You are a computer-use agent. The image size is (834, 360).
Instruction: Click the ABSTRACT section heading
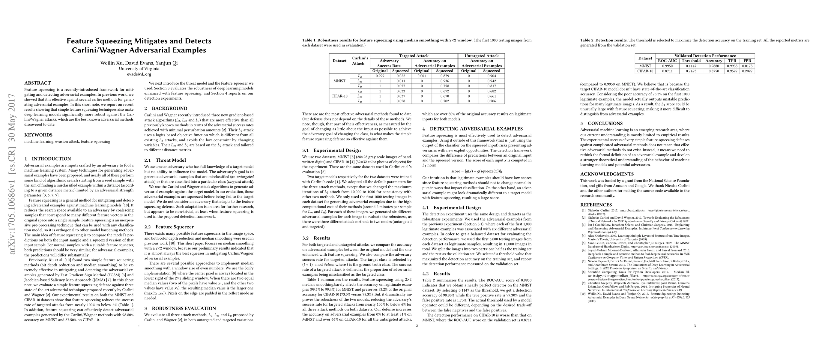(x=37, y=83)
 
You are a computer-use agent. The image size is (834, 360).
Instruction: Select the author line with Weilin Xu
(x=139, y=63)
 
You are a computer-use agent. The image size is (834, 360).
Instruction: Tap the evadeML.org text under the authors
(x=139, y=74)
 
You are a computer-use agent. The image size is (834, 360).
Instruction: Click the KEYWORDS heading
(x=38, y=135)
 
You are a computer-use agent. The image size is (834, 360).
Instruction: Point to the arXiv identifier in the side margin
(x=12, y=174)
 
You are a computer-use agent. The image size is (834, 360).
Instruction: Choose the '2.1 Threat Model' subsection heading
(x=165, y=160)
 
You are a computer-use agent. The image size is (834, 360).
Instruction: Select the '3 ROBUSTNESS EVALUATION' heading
(x=180, y=308)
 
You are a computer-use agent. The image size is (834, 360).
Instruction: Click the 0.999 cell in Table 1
(x=380, y=76)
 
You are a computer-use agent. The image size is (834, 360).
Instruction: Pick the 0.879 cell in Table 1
(x=444, y=76)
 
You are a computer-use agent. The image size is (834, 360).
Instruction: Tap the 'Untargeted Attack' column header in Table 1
(x=481, y=56)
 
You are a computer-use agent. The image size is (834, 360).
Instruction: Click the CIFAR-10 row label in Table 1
(x=339, y=96)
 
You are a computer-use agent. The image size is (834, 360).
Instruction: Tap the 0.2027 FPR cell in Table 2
(x=747, y=71)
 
